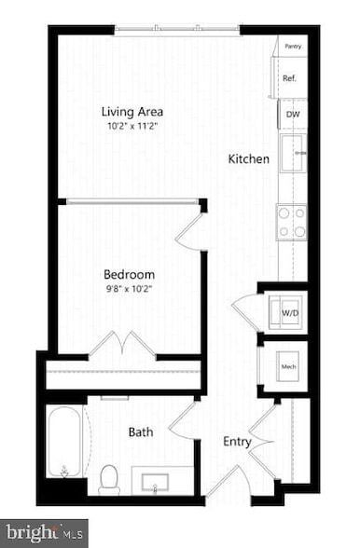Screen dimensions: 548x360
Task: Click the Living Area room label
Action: [130, 112]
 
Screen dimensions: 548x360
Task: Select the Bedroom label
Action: [129, 275]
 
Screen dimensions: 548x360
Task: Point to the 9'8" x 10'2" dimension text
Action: [129, 290]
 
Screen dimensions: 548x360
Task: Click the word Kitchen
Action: [249, 159]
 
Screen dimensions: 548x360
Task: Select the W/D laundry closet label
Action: [290, 314]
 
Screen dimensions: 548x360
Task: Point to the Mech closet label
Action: [289, 367]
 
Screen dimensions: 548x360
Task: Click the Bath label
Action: [141, 432]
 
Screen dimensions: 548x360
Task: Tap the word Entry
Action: [236, 442]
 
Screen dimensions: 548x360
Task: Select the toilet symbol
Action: [110, 479]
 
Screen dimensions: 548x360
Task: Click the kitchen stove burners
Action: [291, 222]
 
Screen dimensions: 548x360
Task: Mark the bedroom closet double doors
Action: [122, 345]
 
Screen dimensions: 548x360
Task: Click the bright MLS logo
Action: [44, 533]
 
